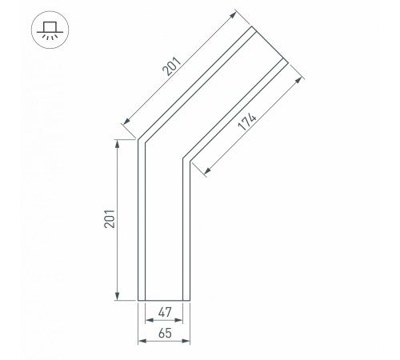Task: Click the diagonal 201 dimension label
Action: coord(172,66)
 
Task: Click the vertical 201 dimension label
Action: coord(110,219)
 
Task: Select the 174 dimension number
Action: coord(247,122)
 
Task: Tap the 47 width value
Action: coord(165,312)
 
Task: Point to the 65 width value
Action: coord(165,334)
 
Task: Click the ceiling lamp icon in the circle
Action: coord(50,30)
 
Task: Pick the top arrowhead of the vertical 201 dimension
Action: coord(117,144)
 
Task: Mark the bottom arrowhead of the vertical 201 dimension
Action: coord(117,296)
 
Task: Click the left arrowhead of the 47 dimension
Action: coord(150,320)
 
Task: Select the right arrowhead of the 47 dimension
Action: coord(178,320)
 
